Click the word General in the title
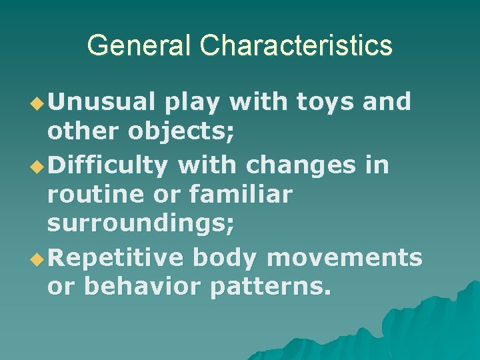coord(139,46)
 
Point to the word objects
coord(182,132)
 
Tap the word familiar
coord(241,194)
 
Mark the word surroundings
coord(141,225)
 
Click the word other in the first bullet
coord(81,132)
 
